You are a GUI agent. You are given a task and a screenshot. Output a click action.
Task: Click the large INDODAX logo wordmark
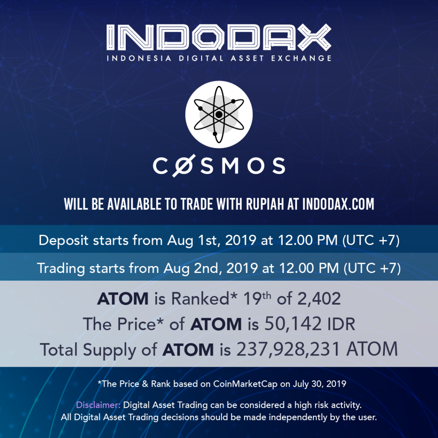pos(219,38)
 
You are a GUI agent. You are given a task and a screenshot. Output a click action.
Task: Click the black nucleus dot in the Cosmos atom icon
pos(219,114)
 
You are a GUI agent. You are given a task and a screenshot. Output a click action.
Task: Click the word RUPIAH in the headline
pos(265,204)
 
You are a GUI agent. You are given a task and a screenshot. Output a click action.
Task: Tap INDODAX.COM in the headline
pos(338,204)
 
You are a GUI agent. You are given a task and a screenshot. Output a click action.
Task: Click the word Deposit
pos(64,240)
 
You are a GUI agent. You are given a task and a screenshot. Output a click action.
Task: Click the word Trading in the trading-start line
pos(61,269)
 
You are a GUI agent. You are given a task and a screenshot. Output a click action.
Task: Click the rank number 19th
pos(257,299)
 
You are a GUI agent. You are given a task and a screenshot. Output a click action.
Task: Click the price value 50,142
pos(293,324)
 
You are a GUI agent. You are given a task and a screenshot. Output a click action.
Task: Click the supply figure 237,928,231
pos(288,349)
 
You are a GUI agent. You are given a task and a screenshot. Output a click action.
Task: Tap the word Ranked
pos(201,299)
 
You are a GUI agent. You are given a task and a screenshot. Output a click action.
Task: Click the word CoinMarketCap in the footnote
pos(245,384)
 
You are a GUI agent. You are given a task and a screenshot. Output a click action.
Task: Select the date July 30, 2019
pos(319,384)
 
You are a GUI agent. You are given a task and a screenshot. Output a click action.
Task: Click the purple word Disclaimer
pos(98,405)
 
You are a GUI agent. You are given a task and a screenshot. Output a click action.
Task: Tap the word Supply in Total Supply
pos(109,350)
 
